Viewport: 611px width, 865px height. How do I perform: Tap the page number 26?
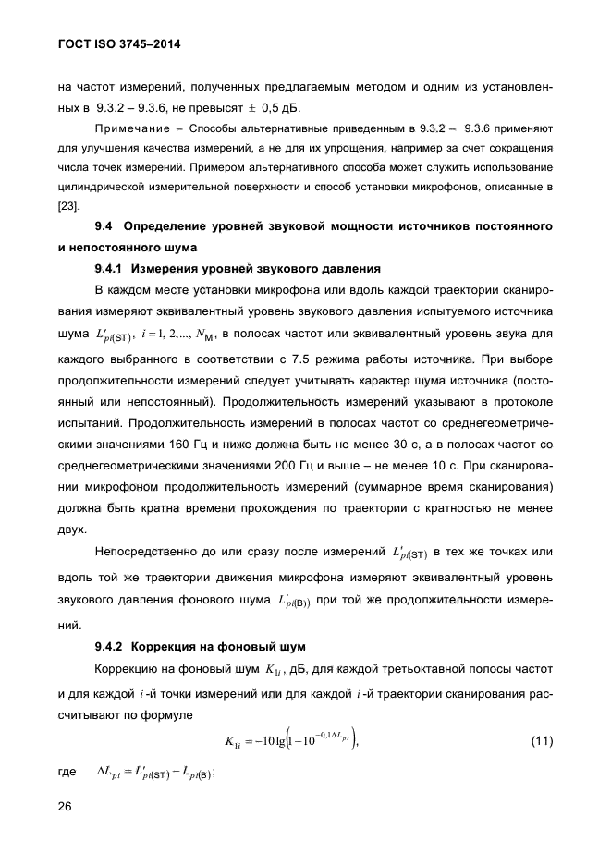66,807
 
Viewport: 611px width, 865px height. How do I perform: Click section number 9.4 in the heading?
104,226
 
